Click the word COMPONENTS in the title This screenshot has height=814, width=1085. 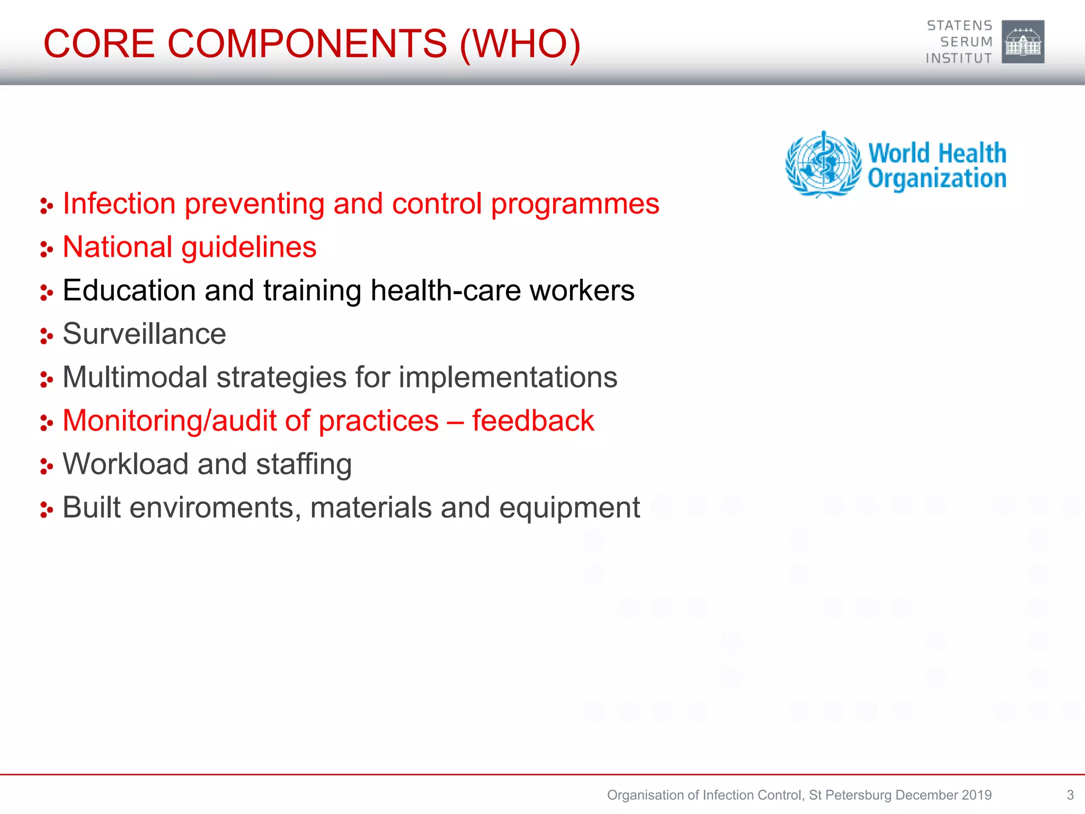click(x=307, y=43)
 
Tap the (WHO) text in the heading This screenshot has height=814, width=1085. click(x=521, y=43)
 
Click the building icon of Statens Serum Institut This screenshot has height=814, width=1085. click(x=1023, y=42)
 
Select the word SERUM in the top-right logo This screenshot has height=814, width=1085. click(x=966, y=42)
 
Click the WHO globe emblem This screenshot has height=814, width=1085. click(x=823, y=165)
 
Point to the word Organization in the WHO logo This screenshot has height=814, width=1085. click(x=937, y=179)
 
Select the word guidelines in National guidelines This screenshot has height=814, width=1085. click(x=249, y=247)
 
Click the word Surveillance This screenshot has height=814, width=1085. click(x=144, y=334)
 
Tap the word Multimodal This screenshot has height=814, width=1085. click(x=135, y=377)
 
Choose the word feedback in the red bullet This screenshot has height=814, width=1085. click(x=533, y=421)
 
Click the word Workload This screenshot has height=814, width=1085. click(x=126, y=464)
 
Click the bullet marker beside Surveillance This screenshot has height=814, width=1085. click(x=47, y=336)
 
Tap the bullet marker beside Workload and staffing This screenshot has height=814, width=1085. click(x=47, y=466)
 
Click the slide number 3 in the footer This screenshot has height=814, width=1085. click(x=1070, y=795)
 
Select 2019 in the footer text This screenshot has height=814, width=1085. click(x=976, y=795)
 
